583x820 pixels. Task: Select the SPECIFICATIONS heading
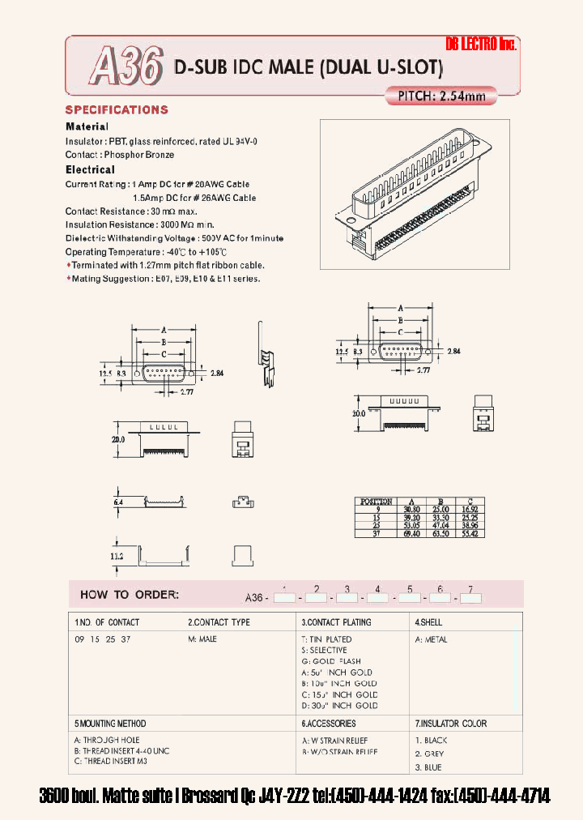point(117,110)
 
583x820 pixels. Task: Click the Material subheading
point(87,127)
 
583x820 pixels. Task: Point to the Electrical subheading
point(90,170)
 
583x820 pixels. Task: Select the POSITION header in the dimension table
point(375,502)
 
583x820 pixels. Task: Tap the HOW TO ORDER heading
point(129,595)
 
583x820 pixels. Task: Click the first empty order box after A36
point(284,598)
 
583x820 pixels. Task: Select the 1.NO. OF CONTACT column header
point(107,622)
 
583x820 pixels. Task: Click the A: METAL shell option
point(432,639)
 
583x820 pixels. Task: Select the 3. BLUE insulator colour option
point(429,767)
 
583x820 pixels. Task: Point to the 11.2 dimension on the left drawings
point(117,557)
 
